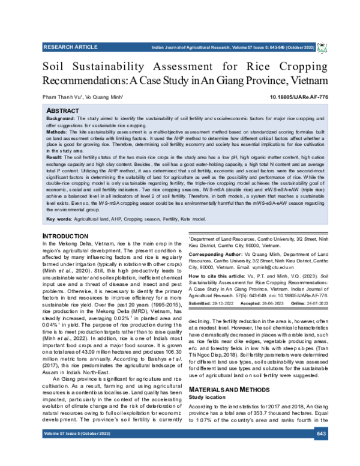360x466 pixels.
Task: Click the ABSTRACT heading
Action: pyautogui.click(x=63, y=111)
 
